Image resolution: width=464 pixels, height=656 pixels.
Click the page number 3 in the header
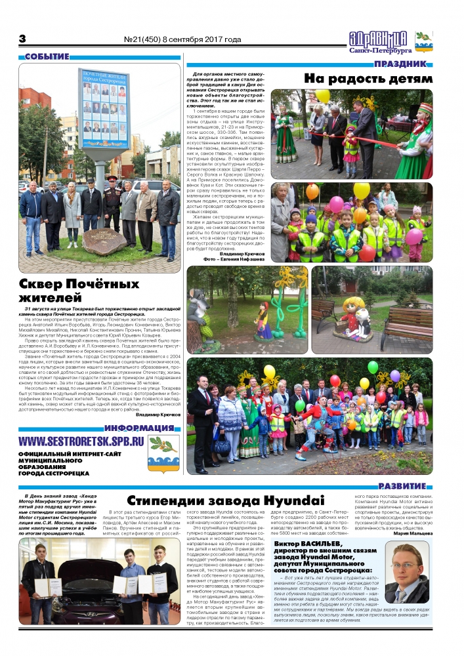[x=22, y=39]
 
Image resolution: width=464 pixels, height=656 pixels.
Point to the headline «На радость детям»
[x=368, y=79]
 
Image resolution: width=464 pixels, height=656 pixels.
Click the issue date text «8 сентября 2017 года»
[x=201, y=39]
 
